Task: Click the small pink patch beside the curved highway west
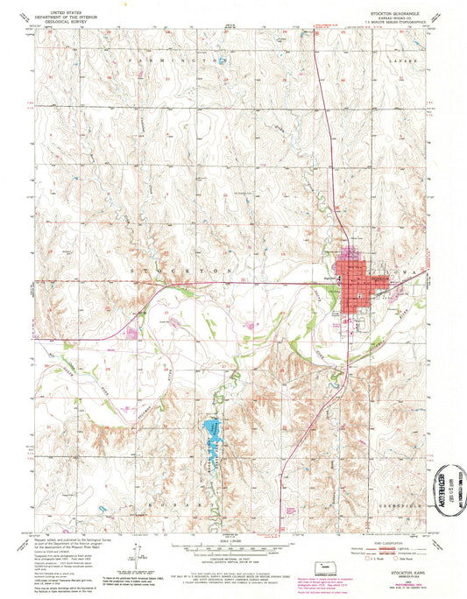point(133,331)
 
